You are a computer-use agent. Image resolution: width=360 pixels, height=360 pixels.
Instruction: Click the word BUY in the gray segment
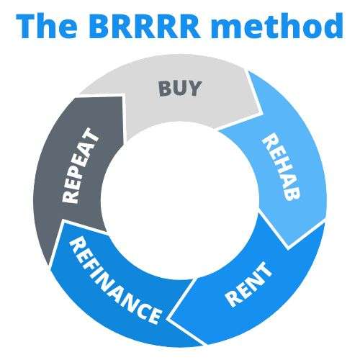click(x=180, y=89)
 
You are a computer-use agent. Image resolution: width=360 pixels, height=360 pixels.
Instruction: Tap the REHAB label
click(x=282, y=167)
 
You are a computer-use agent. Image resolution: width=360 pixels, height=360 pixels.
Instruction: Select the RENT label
click(x=249, y=284)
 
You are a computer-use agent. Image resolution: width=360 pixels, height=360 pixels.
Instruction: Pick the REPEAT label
click(x=81, y=166)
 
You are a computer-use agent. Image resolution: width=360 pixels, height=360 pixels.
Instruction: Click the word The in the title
click(x=46, y=25)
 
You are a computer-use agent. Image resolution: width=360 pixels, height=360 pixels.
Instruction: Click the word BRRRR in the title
click(x=145, y=26)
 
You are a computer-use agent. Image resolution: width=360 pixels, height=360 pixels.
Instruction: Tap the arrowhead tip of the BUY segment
click(x=260, y=112)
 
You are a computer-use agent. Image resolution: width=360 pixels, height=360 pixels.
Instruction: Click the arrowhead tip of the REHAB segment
click(x=288, y=246)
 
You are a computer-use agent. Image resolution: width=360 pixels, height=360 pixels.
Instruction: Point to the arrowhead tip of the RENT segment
click(x=168, y=319)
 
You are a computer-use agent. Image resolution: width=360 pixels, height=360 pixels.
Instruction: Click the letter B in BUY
click(x=165, y=89)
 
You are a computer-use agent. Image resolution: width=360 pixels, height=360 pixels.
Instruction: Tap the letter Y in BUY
click(x=194, y=89)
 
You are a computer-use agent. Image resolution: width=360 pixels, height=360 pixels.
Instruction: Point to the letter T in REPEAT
click(x=92, y=135)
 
